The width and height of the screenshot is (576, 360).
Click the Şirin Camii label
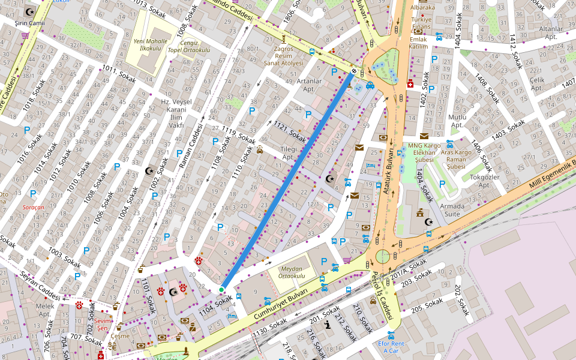(x=29, y=23)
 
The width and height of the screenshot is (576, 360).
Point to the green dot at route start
(x=221, y=290)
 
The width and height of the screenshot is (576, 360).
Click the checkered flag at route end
(x=354, y=71)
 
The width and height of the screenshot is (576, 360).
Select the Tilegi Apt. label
(x=289, y=153)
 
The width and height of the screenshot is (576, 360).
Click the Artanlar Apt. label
(x=310, y=85)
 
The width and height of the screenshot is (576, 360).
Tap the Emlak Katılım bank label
(x=418, y=42)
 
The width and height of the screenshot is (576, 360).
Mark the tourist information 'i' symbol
(x=328, y=325)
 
